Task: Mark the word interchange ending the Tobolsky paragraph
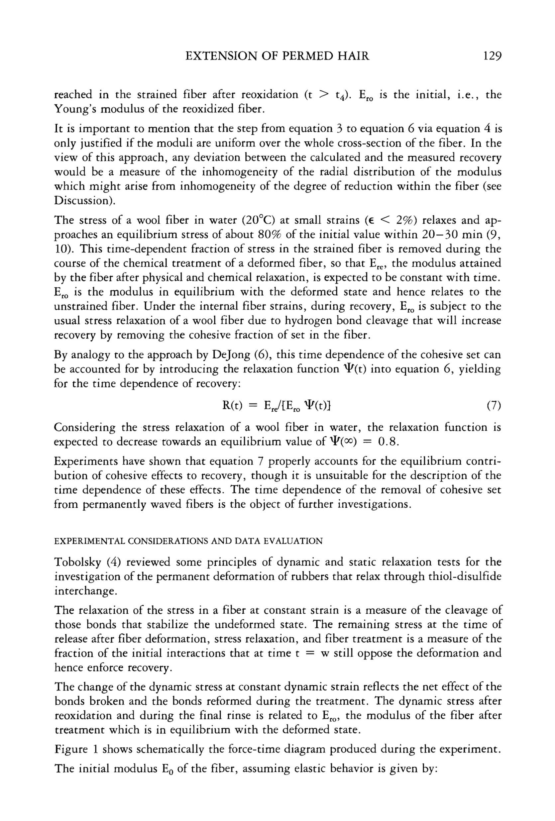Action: click(x=85, y=591)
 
